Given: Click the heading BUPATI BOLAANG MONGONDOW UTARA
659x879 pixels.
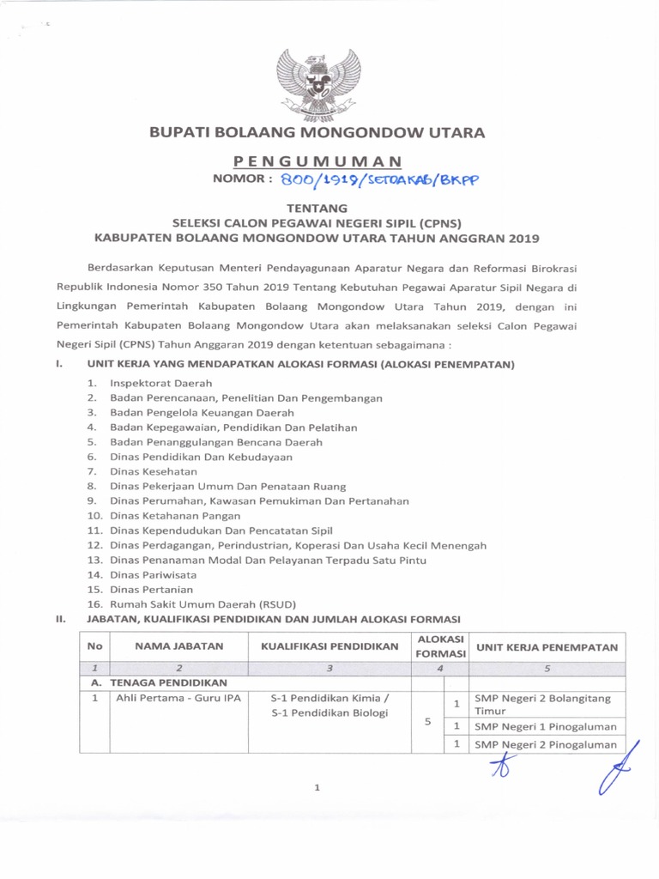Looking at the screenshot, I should coord(317,132).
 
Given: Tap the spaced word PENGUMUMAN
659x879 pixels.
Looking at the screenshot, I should coord(317,161).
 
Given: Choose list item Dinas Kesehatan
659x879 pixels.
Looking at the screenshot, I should coord(154,471).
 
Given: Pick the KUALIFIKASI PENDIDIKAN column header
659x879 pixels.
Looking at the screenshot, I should coord(329,646).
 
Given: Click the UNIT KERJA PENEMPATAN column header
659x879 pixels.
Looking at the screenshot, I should coord(547,646).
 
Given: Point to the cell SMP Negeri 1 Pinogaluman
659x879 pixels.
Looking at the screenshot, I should coord(546,726).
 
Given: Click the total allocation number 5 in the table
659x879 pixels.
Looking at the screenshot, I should coord(427,721).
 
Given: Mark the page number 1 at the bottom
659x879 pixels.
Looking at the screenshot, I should coord(317,788).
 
